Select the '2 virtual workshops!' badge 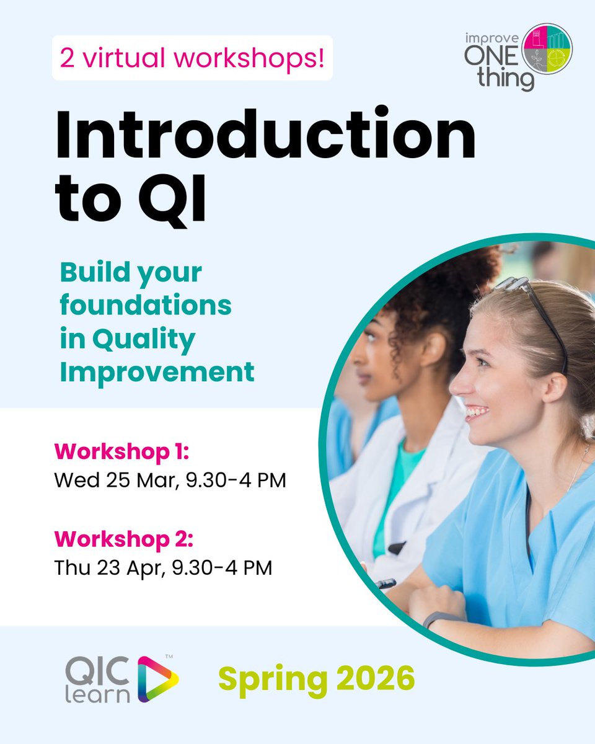pos(192,58)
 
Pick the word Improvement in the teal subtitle pos(157,372)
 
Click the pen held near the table pos(386,583)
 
